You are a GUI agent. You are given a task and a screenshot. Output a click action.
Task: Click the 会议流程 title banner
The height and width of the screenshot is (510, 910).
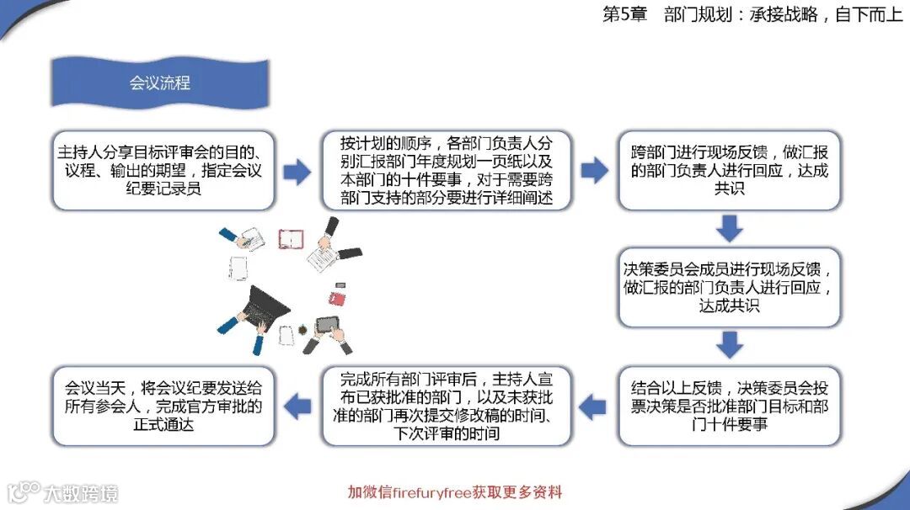(159, 83)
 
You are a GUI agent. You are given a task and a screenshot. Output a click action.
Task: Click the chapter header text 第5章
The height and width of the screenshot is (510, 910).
(624, 15)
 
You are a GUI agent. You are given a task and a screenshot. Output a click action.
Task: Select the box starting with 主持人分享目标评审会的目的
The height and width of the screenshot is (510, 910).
(163, 170)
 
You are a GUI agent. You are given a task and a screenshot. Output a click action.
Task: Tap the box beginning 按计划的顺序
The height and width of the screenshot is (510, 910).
(447, 170)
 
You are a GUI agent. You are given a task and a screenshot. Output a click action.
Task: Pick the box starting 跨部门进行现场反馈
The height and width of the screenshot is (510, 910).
(730, 170)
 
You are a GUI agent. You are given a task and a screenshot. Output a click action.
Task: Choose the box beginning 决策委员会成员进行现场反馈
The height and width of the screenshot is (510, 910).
(730, 287)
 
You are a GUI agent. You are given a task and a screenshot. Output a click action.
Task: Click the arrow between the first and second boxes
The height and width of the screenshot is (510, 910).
(296, 172)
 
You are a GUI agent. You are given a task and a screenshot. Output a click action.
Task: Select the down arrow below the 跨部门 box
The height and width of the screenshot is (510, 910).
(729, 228)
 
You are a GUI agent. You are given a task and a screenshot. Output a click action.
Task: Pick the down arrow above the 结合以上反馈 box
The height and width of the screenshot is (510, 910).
(729, 344)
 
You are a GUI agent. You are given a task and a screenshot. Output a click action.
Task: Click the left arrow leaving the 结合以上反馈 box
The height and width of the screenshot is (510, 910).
(594, 407)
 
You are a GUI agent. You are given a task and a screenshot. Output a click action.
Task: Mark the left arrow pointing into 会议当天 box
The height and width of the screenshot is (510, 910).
(296, 407)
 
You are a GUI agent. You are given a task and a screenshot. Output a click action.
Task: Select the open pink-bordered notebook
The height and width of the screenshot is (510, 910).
(291, 239)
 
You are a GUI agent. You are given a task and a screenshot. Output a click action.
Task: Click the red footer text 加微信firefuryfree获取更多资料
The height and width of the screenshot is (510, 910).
(455, 492)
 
